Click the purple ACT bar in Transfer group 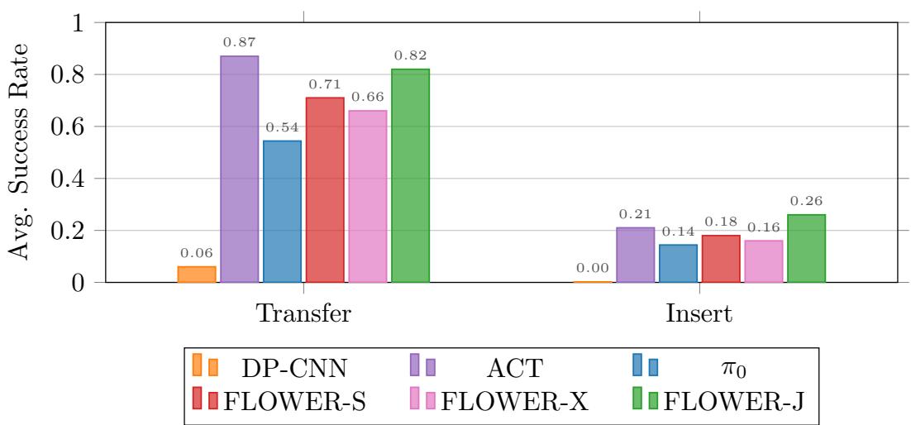click(x=239, y=170)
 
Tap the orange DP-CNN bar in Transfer click(x=197, y=274)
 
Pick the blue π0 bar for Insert click(x=678, y=263)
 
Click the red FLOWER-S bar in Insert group click(x=721, y=259)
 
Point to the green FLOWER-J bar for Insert click(x=806, y=248)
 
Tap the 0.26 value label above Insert click(x=806, y=201)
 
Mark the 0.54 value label click(x=282, y=127)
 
